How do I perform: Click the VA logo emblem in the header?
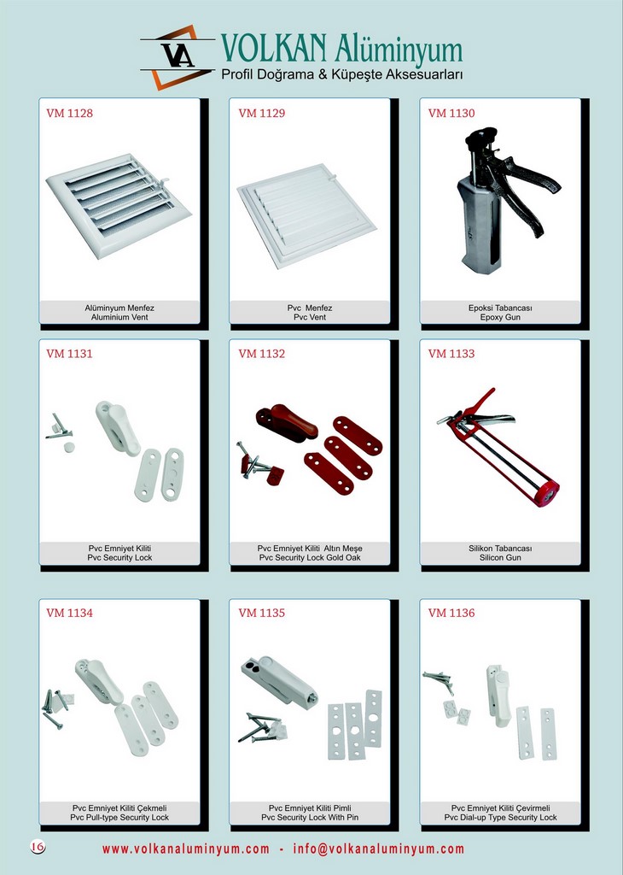(178, 56)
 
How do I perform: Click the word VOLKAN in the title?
(273, 48)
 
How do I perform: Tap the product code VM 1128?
(70, 114)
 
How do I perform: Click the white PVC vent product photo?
(307, 214)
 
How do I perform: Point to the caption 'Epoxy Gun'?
(500, 318)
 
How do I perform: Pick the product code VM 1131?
(70, 354)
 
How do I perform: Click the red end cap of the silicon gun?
(546, 494)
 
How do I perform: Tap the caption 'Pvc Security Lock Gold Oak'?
(310, 558)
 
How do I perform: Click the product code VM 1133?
(451, 354)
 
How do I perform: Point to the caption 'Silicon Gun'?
(500, 558)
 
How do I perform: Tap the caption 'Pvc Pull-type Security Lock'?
(119, 818)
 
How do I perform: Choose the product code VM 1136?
(451, 614)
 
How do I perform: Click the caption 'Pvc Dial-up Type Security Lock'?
(500, 818)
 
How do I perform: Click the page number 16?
(38, 847)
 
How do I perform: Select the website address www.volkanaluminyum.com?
(185, 849)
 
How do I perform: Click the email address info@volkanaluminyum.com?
(378, 849)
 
